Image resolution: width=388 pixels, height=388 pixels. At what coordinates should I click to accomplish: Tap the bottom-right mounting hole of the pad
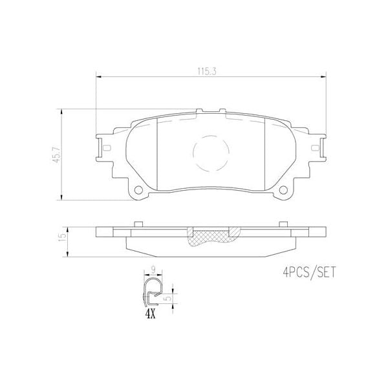(x=284, y=189)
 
